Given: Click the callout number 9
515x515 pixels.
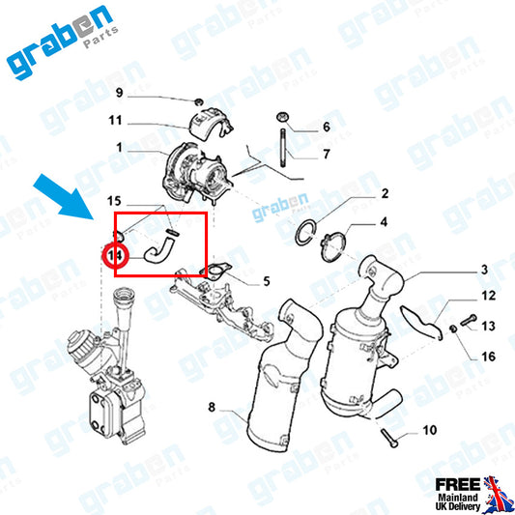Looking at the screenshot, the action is tap(119, 93).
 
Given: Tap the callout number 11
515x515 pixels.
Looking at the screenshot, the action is tap(115, 120).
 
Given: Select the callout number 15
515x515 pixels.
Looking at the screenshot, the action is tap(114, 201).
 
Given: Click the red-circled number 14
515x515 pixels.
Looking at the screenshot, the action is tap(115, 255).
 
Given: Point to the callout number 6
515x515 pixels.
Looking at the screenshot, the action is tap(327, 127).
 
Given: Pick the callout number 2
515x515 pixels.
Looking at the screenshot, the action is tap(385, 193).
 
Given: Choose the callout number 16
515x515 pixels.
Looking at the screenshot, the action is tap(488, 357).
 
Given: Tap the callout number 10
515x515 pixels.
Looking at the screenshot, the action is tap(430, 430).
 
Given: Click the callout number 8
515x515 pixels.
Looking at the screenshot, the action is tap(212, 408).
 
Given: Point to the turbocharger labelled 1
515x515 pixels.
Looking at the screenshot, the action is tap(197, 173).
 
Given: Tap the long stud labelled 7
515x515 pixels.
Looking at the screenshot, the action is tap(283, 148).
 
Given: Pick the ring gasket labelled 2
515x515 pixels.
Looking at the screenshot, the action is tap(305, 234).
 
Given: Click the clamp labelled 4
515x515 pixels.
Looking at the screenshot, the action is tap(333, 246).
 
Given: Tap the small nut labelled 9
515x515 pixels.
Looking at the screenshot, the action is tap(198, 102).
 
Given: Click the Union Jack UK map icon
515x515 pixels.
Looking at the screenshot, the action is tap(497, 494).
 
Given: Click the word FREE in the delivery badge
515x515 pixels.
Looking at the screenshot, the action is tap(458, 484).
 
